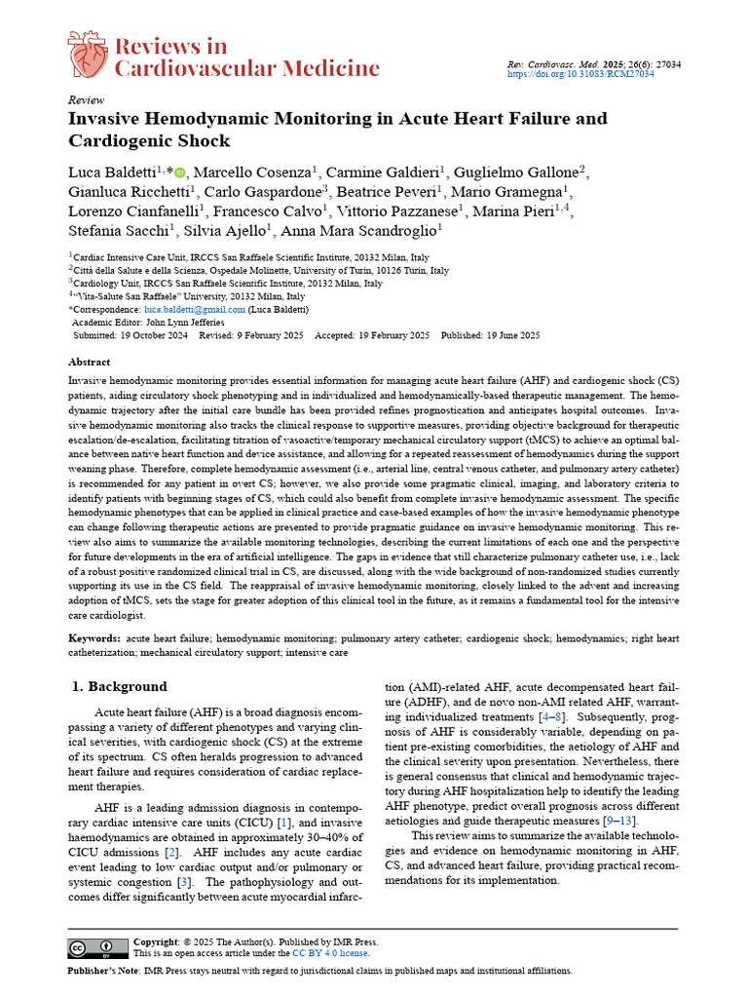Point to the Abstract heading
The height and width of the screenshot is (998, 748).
tap(89, 362)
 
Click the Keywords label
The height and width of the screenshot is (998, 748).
tap(94, 637)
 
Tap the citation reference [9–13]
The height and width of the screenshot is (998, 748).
tap(621, 821)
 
